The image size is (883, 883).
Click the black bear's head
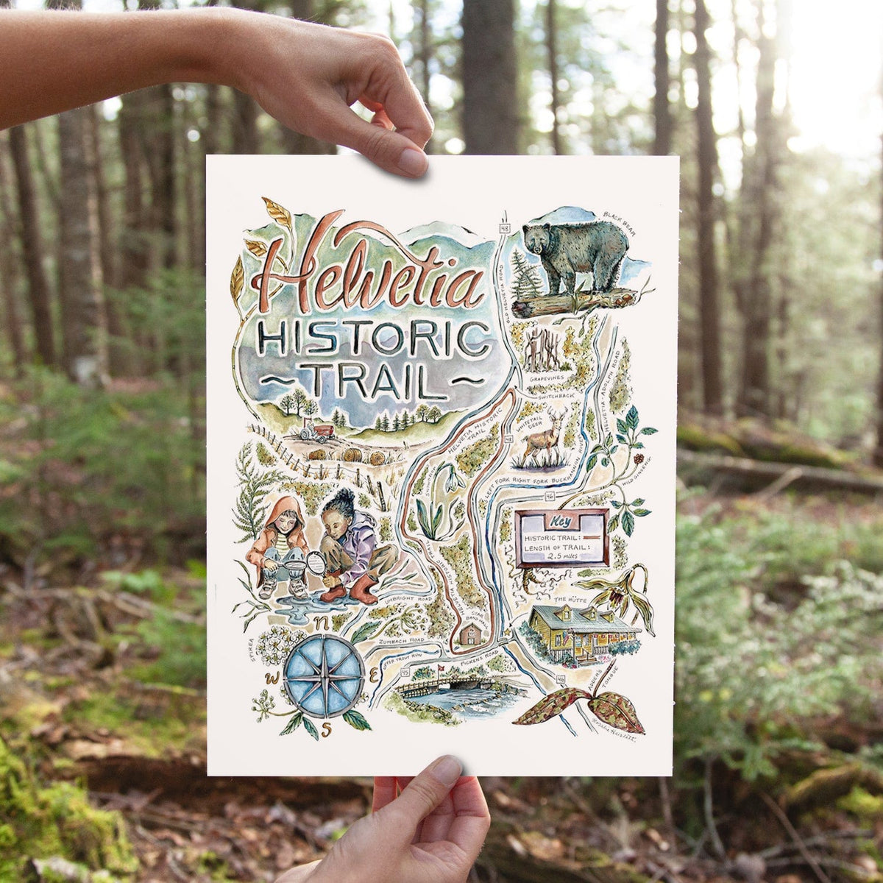click(544, 239)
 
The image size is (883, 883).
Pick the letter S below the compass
click(332, 729)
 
